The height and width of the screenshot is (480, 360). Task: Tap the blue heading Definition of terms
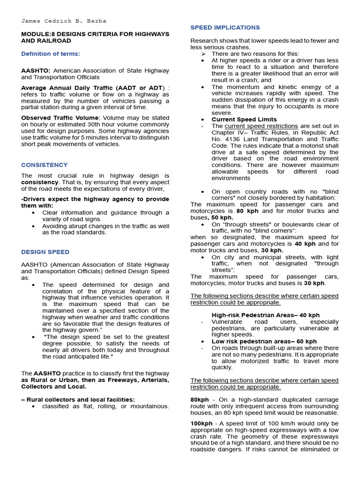pos(50,54)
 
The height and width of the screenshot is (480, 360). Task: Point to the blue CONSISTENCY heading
pos(44,165)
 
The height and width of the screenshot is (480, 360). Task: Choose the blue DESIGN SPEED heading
pos(45,252)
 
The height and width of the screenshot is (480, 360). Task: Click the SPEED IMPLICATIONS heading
pos(225,28)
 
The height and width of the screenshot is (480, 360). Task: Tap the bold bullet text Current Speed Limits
pos(244,120)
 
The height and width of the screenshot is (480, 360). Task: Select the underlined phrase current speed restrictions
pos(261,126)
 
